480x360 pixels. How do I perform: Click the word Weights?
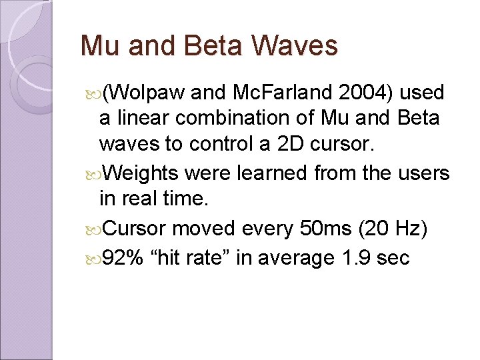tap(141, 173)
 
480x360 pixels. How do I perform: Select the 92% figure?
tap(123, 257)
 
